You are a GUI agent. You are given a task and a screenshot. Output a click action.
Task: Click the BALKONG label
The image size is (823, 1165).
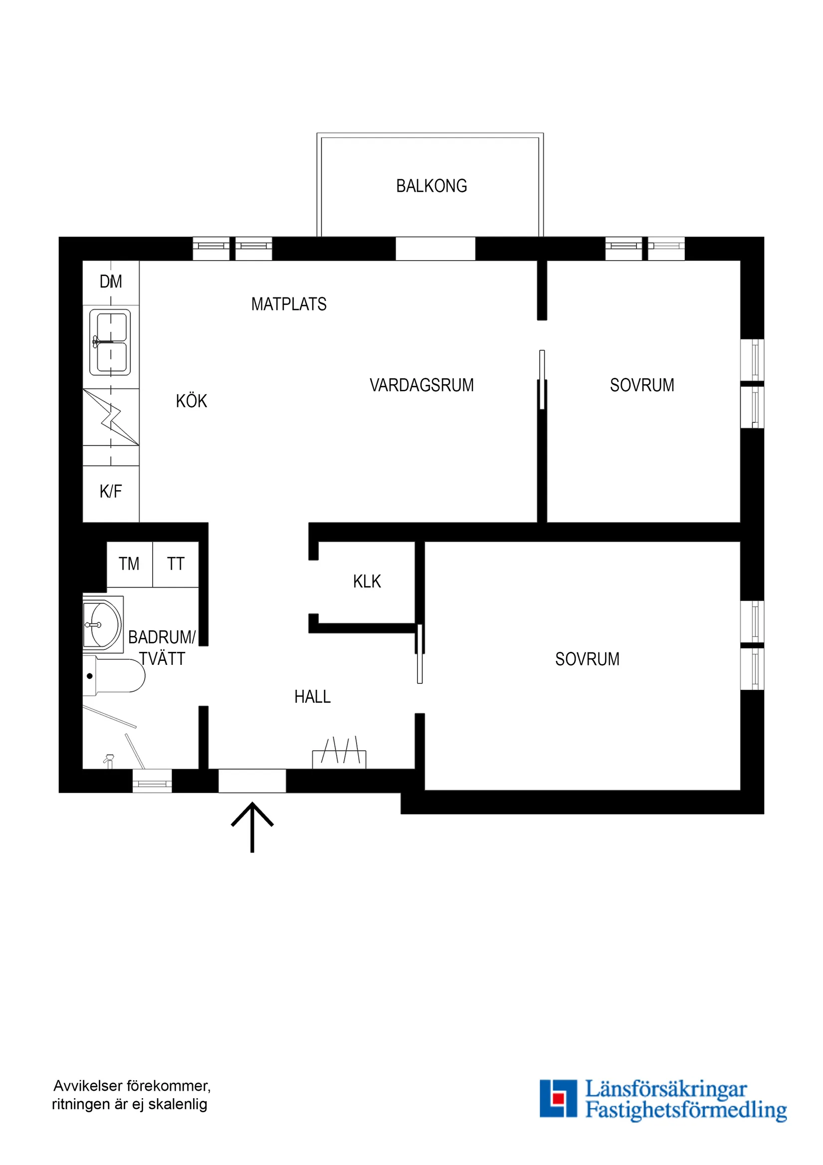(431, 186)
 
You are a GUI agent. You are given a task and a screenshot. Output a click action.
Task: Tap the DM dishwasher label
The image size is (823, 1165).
(111, 282)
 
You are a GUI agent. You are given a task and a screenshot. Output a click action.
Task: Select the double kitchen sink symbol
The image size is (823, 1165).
(110, 342)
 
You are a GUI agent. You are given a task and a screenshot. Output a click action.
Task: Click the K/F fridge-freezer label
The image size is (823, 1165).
(111, 491)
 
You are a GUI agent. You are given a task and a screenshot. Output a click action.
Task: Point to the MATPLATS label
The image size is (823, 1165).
(288, 304)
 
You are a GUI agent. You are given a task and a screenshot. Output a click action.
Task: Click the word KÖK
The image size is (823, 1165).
(191, 401)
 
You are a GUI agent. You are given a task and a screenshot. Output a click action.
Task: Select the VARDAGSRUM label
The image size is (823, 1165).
(421, 385)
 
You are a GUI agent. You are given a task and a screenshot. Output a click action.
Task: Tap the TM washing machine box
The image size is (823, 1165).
(129, 564)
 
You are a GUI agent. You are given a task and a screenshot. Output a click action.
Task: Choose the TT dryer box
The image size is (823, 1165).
(176, 564)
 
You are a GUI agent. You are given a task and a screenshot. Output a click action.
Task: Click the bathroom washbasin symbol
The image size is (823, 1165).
(103, 624)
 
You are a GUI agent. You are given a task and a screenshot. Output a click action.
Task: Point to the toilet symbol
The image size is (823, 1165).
(114, 676)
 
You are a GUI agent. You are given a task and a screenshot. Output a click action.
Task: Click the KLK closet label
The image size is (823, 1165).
(367, 581)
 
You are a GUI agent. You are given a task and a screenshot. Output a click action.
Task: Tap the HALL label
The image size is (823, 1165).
(312, 697)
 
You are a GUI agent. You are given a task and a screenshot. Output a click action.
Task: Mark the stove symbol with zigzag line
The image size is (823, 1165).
(111, 417)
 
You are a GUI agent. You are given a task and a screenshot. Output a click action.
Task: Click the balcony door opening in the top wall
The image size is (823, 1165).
(435, 249)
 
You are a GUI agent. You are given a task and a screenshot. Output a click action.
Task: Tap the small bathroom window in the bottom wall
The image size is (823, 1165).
(152, 781)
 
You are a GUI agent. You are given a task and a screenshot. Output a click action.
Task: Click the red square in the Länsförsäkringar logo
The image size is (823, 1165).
(558, 1098)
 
